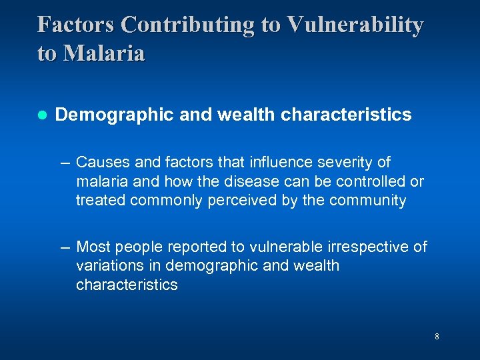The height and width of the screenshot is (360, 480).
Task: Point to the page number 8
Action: coord(437,337)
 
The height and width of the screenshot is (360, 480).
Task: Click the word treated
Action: coord(101,201)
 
